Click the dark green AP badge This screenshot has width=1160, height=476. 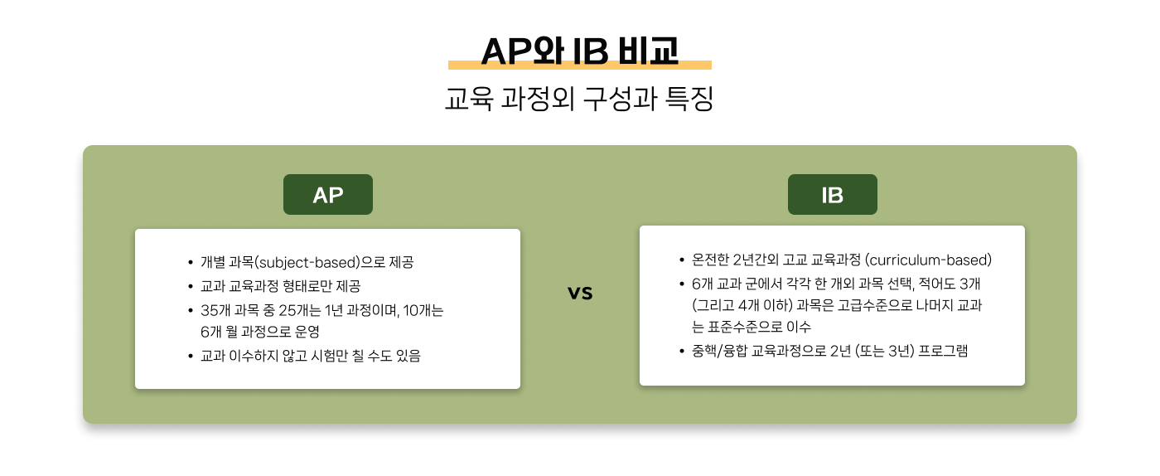[328, 194]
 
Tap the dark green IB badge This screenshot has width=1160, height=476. [832, 194]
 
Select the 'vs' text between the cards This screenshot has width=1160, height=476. [580, 293]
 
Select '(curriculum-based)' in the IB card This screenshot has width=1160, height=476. [929, 260]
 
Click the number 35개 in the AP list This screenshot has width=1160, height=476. [215, 310]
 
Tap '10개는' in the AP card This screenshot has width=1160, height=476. [423, 310]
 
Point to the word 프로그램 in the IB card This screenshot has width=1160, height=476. [943, 351]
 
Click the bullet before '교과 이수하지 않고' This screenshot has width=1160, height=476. [191, 357]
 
